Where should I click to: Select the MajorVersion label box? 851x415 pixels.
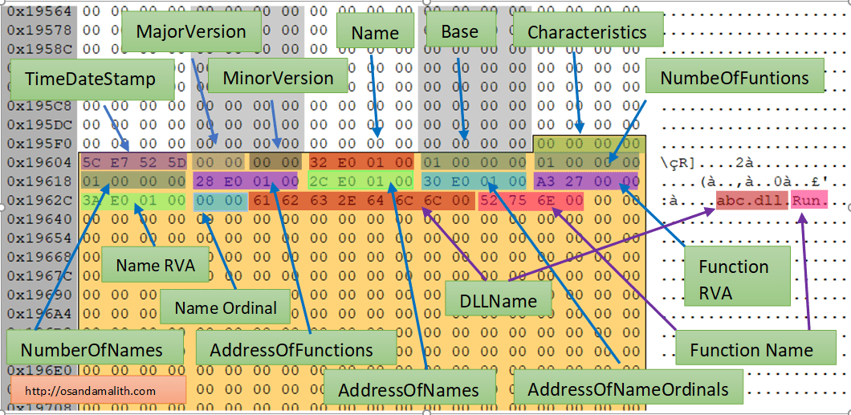[x=191, y=32]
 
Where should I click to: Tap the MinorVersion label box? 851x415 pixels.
[x=278, y=78]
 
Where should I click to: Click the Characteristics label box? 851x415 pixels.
[x=587, y=32]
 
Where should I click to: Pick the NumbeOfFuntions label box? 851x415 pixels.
[x=735, y=78]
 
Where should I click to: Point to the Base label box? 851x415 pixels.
[x=460, y=32]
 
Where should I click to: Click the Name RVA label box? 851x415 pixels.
[x=156, y=266]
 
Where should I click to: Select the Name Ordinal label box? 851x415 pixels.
[x=226, y=307]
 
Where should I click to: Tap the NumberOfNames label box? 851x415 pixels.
[x=91, y=349]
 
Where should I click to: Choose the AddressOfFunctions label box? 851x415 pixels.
[x=291, y=349]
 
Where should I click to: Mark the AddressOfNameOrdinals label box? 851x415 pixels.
[x=628, y=389]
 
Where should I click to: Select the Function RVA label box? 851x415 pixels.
[x=733, y=279]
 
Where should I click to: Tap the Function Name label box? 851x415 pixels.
[x=751, y=349]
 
